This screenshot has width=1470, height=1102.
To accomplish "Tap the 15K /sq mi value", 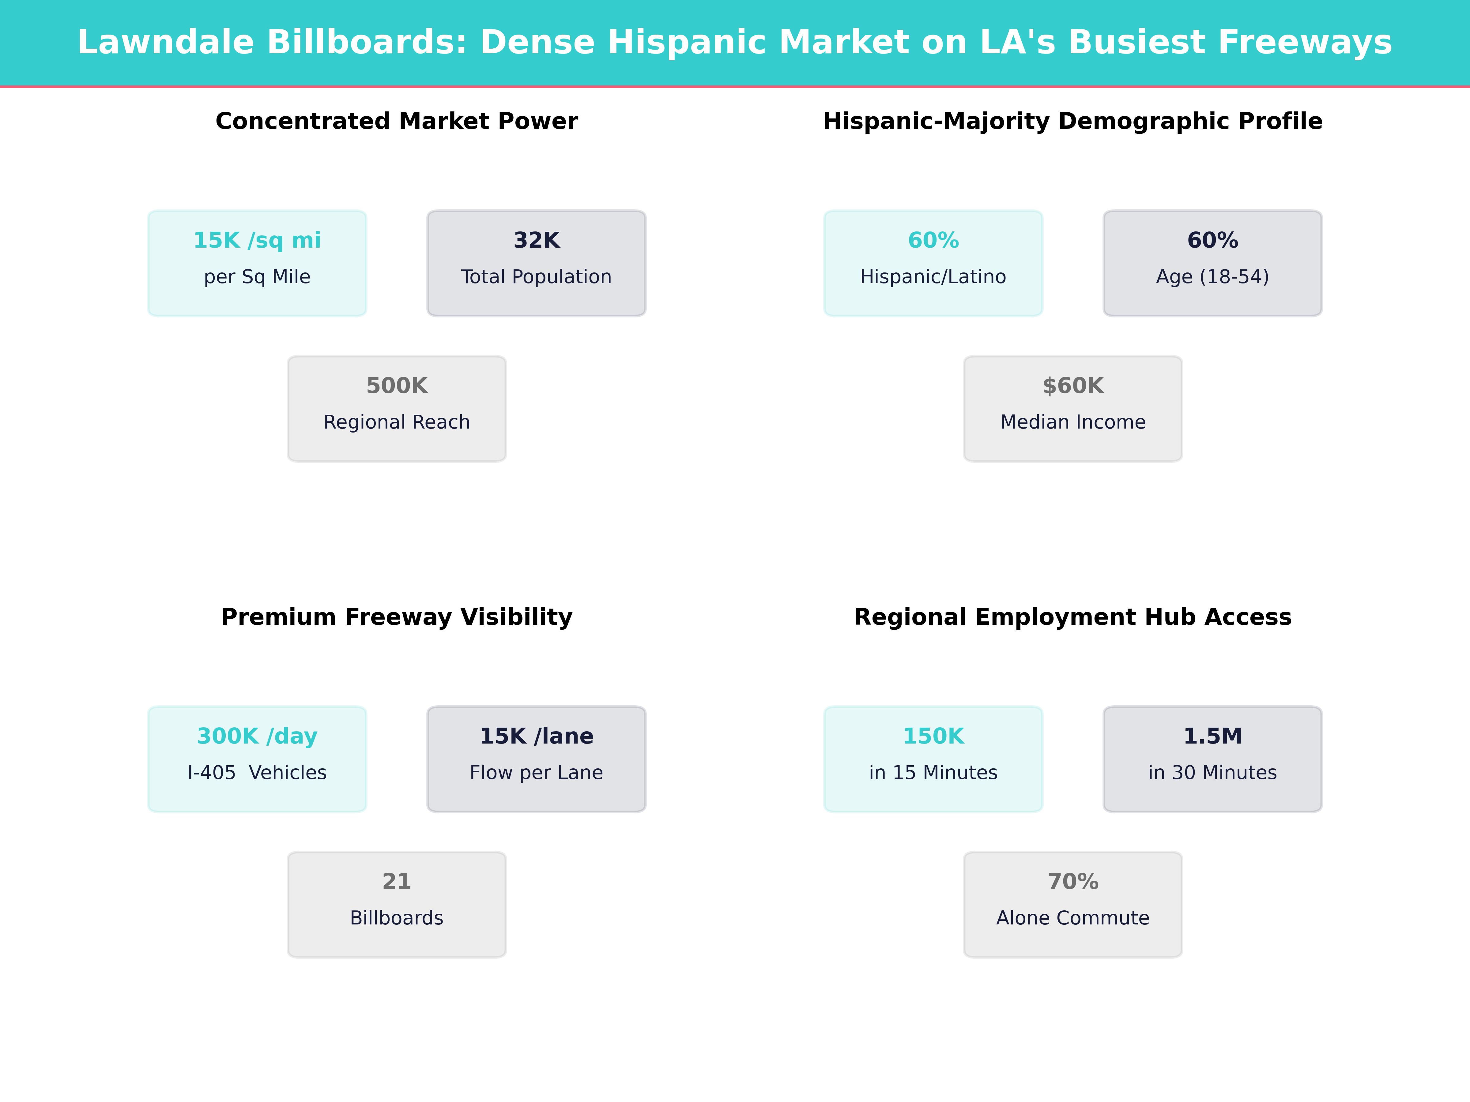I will coord(257,241).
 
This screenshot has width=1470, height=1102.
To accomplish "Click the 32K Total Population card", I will coord(536,263).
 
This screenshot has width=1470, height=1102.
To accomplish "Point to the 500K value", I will coord(397,386).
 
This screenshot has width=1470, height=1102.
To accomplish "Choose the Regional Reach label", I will coord(397,422).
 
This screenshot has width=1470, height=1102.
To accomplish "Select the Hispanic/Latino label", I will coord(933,277).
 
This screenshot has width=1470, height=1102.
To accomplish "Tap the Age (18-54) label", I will coord(1212,277).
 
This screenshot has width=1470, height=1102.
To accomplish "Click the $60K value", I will coord(1072,386).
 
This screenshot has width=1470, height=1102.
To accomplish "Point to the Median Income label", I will coord(1072,422).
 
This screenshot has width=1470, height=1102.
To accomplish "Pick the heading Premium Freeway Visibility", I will coord(397,617).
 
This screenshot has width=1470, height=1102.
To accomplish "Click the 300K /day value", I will coord(257,736).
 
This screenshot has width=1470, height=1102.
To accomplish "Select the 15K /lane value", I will coord(536,736).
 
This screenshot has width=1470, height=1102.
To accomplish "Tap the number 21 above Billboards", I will coord(397,882).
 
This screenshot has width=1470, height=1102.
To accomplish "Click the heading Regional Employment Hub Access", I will coord(1072,617).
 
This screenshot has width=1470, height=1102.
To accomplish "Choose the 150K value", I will coord(933,736).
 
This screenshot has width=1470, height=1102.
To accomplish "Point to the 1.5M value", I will coord(1212,736).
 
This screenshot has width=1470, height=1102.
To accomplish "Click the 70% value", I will coord(1072,882).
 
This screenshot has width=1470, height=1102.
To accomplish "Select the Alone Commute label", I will coord(1072,918).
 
